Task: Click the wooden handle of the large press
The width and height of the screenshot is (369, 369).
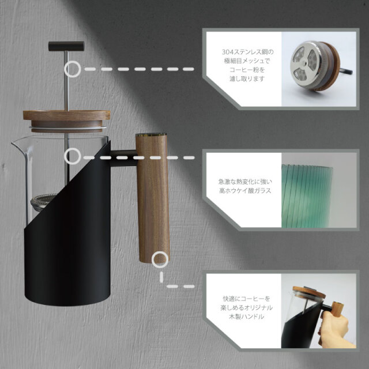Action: click(x=152, y=196)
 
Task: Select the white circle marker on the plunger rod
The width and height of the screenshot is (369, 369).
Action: click(x=73, y=69)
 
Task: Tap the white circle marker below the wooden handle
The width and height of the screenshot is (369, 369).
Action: click(x=160, y=259)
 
